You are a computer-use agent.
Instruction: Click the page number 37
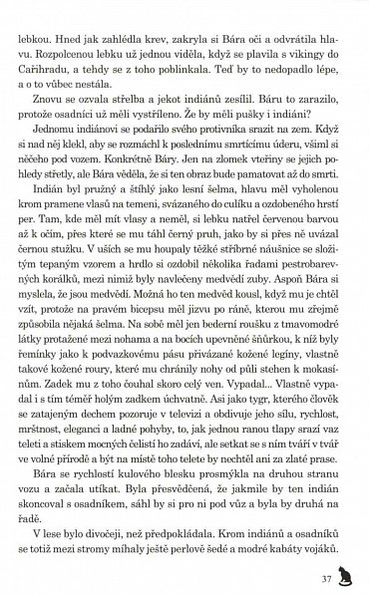coord(324,576)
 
